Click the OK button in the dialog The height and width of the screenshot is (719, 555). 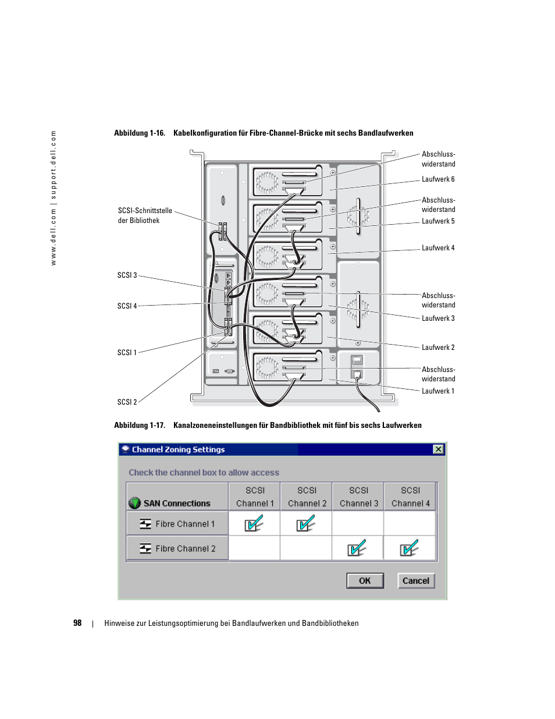point(365,580)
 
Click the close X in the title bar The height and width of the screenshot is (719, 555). point(438,449)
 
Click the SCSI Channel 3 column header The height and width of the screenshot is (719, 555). point(358,497)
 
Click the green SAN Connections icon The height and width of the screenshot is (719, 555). point(134,503)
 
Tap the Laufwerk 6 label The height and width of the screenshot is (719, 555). point(438,179)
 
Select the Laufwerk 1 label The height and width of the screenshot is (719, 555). point(438,391)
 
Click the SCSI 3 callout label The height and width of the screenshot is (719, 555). point(127,275)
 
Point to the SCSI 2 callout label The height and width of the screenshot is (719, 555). point(127,402)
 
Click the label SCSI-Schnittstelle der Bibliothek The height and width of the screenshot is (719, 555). point(145,215)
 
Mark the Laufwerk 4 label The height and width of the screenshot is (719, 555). point(438,248)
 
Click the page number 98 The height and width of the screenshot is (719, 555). point(77,623)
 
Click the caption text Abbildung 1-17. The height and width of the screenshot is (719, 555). point(140,425)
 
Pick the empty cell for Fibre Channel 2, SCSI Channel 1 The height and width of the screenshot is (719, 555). point(254,548)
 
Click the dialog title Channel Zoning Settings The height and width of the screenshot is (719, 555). point(178,449)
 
